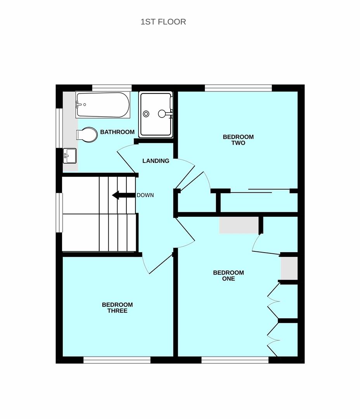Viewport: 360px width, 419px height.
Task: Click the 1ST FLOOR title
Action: point(163,22)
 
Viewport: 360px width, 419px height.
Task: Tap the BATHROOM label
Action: point(117,132)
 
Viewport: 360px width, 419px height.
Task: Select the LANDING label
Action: point(156,161)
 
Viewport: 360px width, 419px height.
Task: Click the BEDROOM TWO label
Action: point(238,140)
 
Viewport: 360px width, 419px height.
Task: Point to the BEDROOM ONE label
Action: point(228,275)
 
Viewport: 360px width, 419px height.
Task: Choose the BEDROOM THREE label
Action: point(117,308)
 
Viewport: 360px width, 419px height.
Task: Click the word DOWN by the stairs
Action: point(145,195)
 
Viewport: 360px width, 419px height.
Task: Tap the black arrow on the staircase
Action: point(123,195)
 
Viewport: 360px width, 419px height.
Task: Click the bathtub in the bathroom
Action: point(103,105)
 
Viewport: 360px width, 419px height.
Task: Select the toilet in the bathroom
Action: point(87,135)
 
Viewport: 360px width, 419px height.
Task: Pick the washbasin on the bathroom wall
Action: point(70,156)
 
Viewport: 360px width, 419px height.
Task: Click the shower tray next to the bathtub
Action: point(156,114)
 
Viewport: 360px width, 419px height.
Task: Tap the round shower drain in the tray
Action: point(146,114)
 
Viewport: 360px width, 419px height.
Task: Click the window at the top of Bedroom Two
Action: point(239,88)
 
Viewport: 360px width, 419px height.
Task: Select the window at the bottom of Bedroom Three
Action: point(117,360)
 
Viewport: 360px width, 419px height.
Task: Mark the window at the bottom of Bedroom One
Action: point(235,360)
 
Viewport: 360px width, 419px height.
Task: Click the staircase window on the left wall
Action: point(59,213)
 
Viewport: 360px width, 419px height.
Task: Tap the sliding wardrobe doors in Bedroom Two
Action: point(260,191)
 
